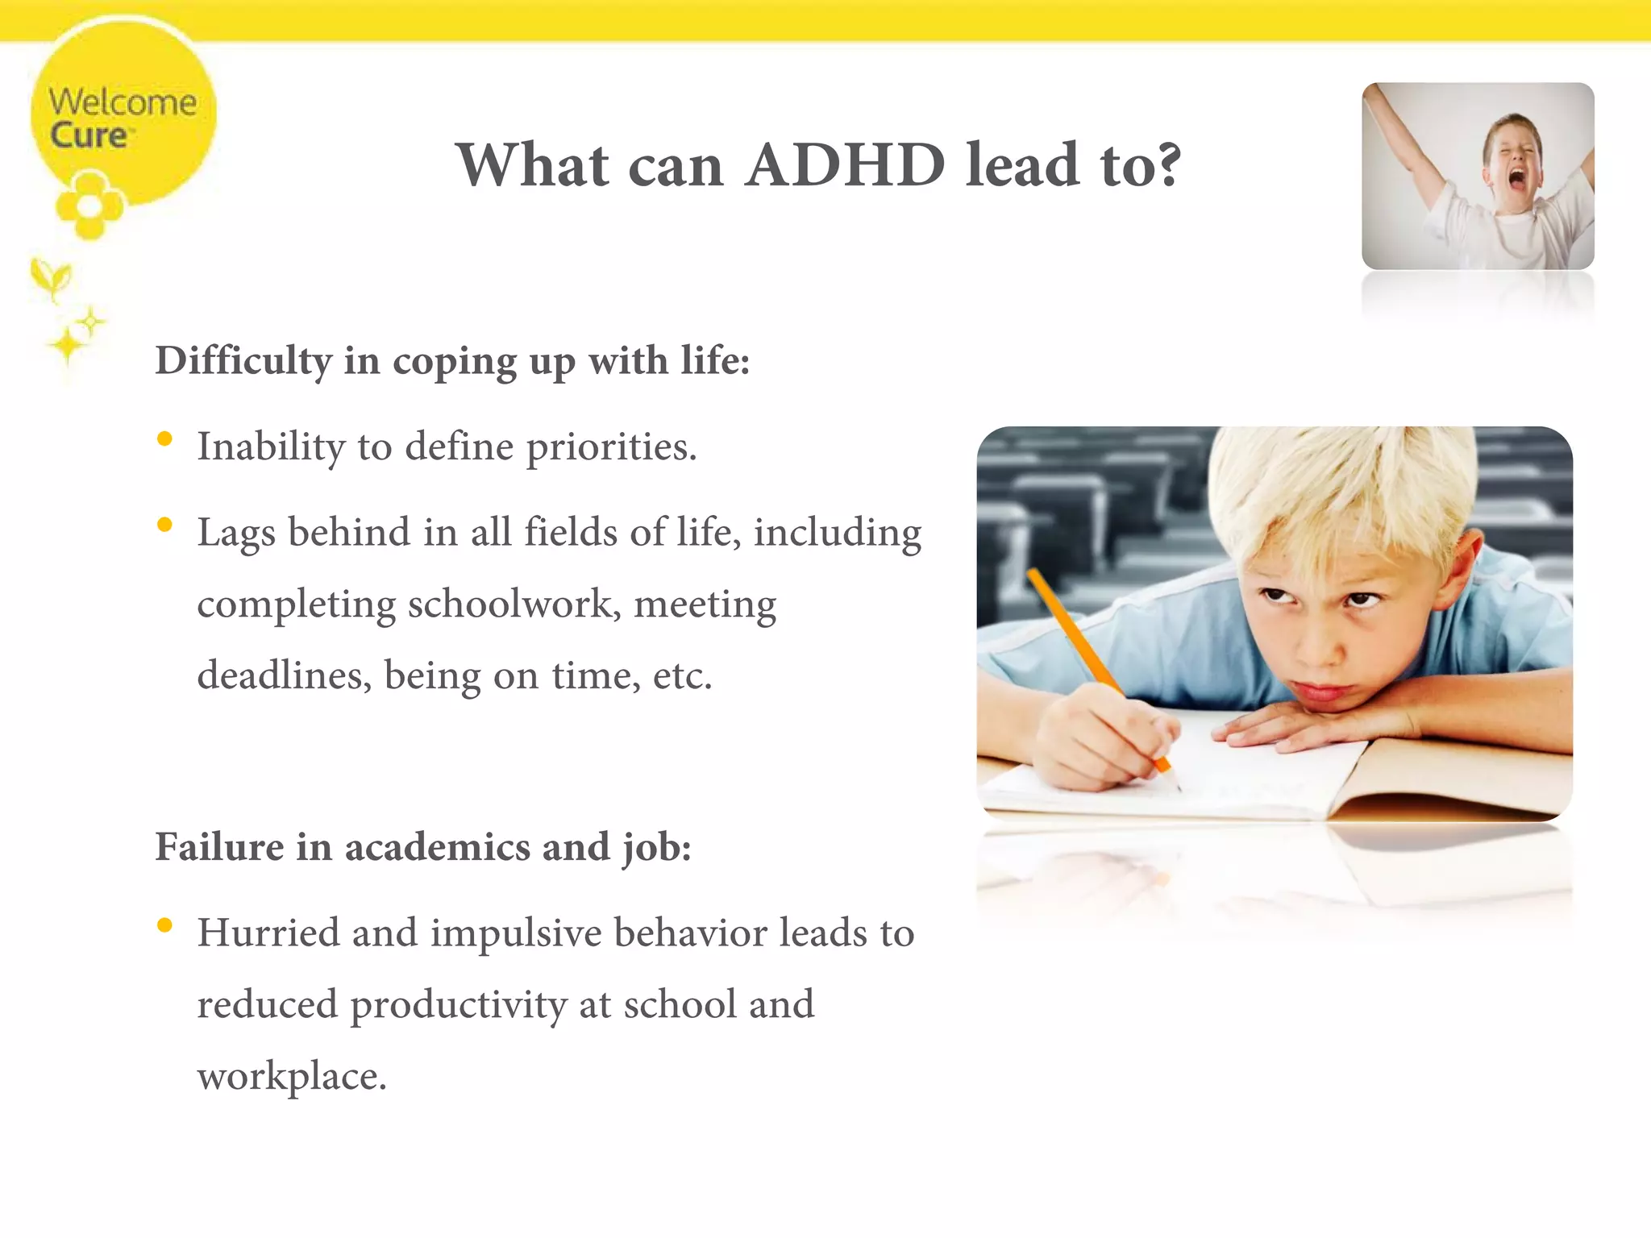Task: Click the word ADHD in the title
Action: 844,165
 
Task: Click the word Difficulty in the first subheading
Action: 243,360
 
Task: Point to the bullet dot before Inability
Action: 165,439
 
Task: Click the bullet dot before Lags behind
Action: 165,526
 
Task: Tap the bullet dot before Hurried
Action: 165,925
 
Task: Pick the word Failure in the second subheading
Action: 219,847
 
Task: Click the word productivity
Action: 459,1005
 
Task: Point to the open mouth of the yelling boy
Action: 1516,181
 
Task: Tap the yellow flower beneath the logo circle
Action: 89,206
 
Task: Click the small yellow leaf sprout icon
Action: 52,279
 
